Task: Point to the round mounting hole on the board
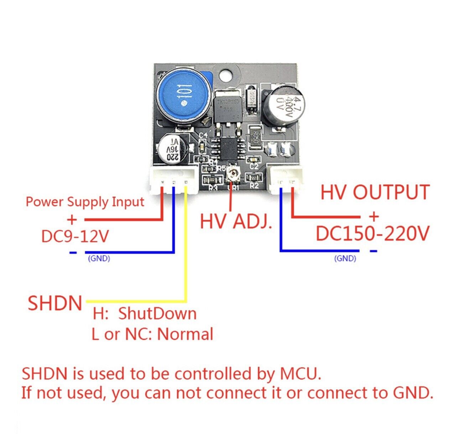225,75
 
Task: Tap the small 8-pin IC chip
228,148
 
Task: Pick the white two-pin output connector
287,180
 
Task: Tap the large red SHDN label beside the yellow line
55,303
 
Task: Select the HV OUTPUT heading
375,192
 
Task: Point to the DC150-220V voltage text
373,234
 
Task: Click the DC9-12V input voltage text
75,236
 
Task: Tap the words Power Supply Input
85,202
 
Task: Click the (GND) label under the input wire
99,259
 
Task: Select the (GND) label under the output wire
345,259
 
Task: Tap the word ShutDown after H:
157,314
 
